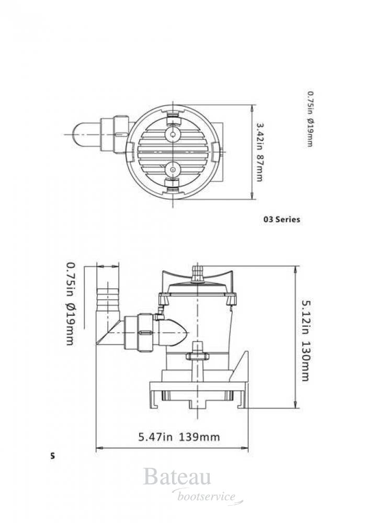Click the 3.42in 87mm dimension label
click(260, 152)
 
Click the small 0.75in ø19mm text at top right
click(310, 119)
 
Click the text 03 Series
click(282, 220)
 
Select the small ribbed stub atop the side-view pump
click(197, 274)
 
